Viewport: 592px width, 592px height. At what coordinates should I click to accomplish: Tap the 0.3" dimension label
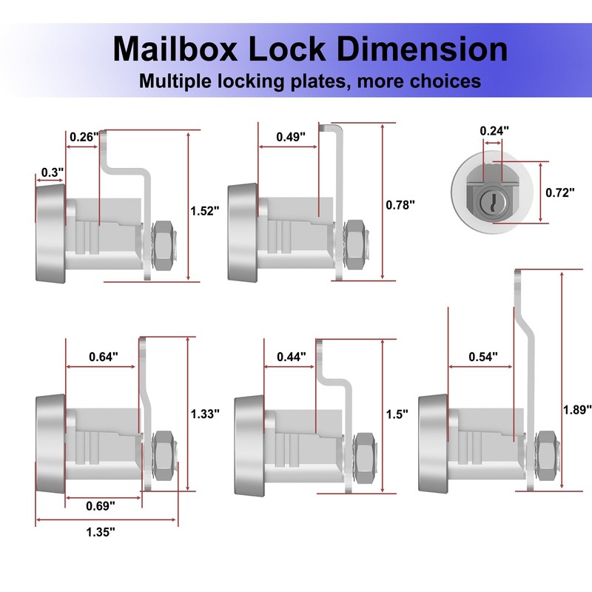click(51, 172)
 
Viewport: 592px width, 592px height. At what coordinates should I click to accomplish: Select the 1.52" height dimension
click(205, 211)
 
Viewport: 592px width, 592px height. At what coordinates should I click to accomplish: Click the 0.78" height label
click(401, 205)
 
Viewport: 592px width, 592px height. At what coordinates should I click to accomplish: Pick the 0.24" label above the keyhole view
click(494, 131)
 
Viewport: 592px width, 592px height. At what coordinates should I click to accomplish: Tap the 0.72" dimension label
click(560, 192)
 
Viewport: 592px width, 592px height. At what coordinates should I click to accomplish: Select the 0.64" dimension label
click(103, 357)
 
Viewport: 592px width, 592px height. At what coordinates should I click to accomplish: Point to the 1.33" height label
click(205, 414)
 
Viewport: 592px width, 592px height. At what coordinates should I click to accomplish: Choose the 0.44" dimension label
click(292, 357)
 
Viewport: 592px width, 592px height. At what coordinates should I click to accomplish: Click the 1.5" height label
click(397, 414)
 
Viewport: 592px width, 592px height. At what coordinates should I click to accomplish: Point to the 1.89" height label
click(578, 409)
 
